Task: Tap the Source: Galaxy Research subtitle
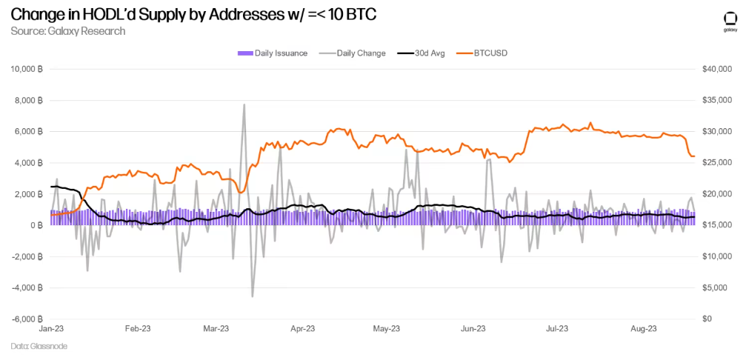[x=67, y=31]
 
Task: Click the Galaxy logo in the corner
[x=729, y=22]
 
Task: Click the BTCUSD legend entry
[x=482, y=53]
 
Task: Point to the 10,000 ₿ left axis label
[x=28, y=69]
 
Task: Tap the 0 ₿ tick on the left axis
[x=36, y=225]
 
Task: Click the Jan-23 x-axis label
[x=51, y=328]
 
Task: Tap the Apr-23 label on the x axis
[x=303, y=328]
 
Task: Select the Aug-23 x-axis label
[x=643, y=328]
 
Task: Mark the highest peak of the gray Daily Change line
[x=244, y=104]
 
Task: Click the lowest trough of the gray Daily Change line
[x=252, y=296]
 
